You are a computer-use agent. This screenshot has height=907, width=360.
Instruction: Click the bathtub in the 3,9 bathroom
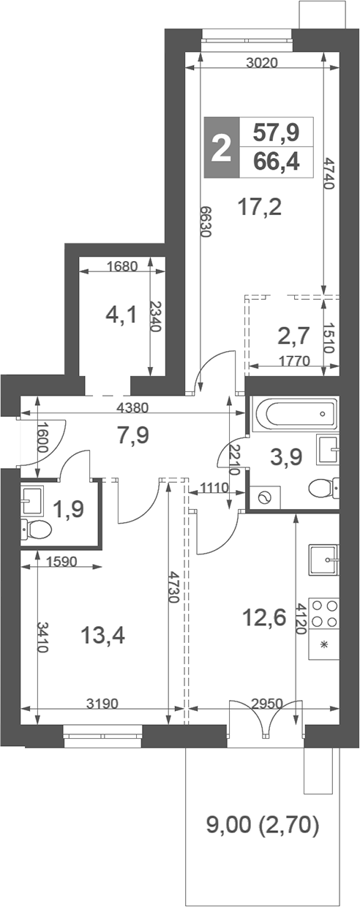coord(293,414)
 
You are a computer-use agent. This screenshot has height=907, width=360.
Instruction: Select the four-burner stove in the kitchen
coord(323,613)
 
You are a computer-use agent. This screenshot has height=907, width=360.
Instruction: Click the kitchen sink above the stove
coord(323,560)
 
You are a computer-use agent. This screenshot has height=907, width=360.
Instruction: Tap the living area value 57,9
coord(276,132)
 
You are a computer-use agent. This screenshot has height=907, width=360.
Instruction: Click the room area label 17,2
coord(260,208)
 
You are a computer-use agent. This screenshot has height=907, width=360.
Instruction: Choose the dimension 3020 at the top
coord(261,63)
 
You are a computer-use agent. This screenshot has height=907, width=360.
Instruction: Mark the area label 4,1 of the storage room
coord(121,316)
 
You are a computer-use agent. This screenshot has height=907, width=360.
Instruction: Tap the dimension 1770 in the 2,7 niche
coord(291,360)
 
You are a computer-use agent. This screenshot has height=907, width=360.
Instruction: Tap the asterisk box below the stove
coord(323,646)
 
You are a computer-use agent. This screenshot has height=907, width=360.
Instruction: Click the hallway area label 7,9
coord(133,436)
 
